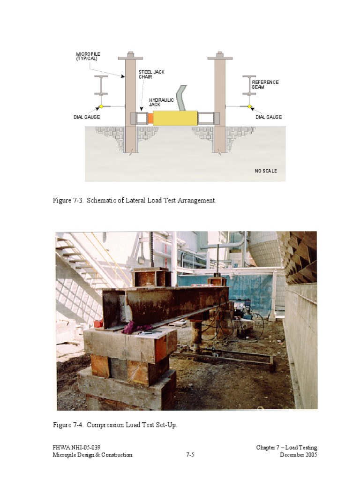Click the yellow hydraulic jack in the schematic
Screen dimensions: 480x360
pos(175,118)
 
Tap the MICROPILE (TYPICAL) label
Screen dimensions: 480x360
pos(88,56)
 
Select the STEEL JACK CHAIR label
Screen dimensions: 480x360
pos(151,75)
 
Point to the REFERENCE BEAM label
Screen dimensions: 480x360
pos(265,84)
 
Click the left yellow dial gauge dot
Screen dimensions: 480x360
pos(101,106)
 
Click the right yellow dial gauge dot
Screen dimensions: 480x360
pos(249,106)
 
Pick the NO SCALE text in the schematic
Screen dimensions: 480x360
pos(266,171)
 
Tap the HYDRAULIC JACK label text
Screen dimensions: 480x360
pos(161,102)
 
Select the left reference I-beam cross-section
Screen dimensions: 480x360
pos(101,85)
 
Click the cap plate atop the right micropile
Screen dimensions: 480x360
pos(220,58)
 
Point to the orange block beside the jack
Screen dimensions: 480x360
pos(150,119)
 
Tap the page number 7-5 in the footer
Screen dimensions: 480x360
pos(190,455)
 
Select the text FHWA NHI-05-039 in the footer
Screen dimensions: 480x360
pos(76,448)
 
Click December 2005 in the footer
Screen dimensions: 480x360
pos(298,455)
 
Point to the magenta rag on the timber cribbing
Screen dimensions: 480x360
pos(136,328)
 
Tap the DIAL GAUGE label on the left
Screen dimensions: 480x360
pos(86,117)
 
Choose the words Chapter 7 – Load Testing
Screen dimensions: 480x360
pos(286,448)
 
